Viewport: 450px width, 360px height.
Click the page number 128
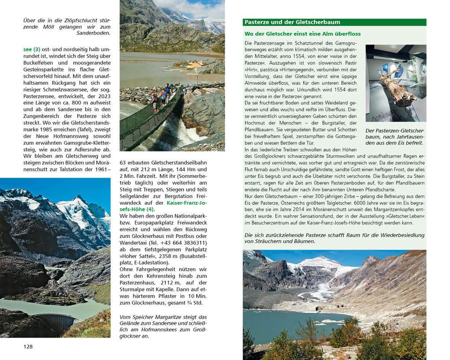[28, 346]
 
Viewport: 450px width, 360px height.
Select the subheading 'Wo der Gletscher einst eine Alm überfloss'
[302, 34]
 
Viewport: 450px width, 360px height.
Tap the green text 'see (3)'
[32, 49]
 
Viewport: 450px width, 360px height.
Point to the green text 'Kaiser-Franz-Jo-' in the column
[186, 202]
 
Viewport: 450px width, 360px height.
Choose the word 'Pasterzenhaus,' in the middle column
[138, 282]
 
